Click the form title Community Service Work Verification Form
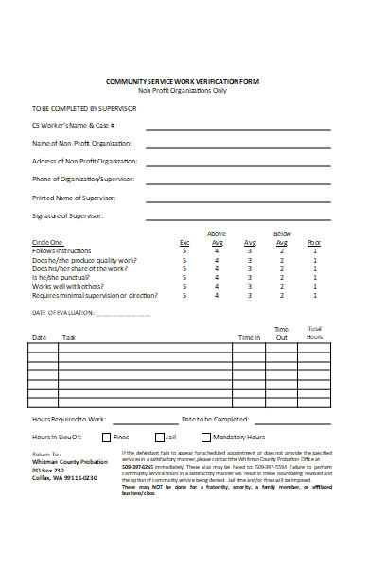(183, 82)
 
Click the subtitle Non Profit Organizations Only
(183, 91)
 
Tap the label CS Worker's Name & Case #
(75, 126)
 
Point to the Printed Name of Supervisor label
(74, 198)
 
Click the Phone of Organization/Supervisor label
(83, 180)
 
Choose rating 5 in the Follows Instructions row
(184, 250)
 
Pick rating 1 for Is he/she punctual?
(314, 277)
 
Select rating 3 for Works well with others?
(250, 286)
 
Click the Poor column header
(314, 242)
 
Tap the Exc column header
(184, 242)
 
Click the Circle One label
(47, 242)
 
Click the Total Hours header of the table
(314, 333)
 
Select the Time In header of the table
(248, 337)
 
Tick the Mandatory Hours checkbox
(206, 438)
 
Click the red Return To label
(46, 455)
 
